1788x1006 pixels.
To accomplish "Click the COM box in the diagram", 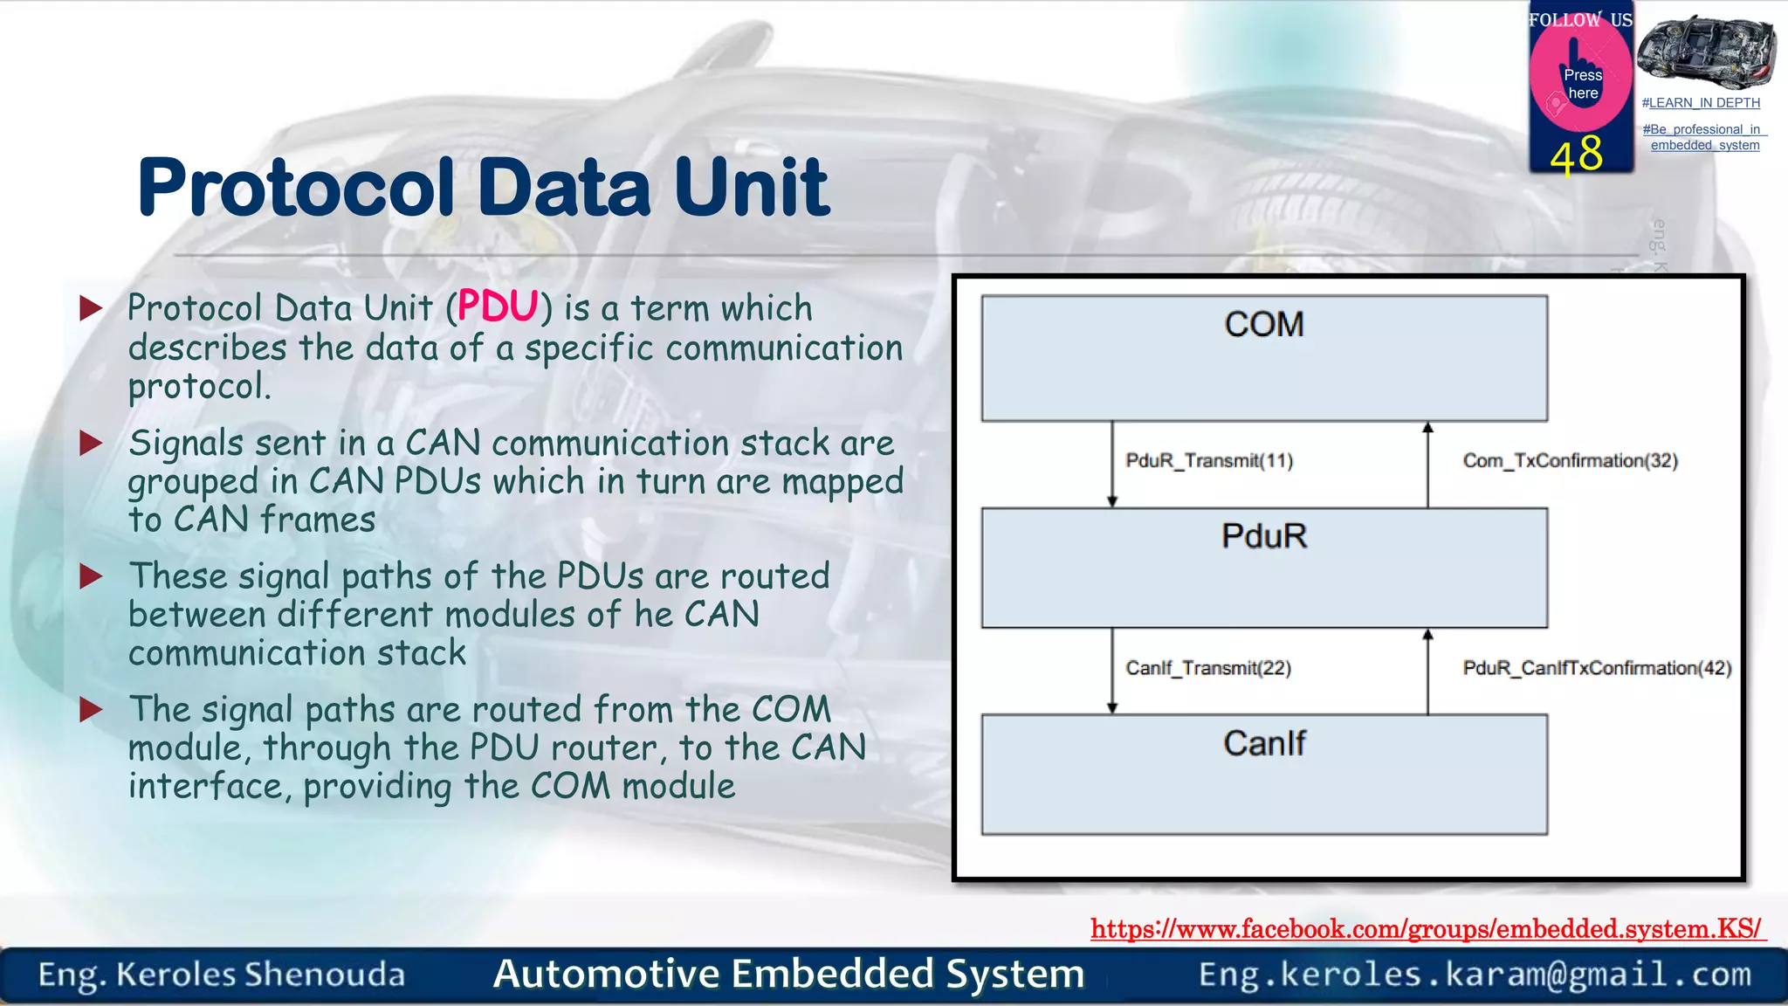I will click(x=1264, y=358).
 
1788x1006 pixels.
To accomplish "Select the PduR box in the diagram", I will click(x=1264, y=568).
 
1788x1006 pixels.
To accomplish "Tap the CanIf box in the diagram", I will click(x=1264, y=775).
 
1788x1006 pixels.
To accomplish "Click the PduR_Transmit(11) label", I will click(x=1209, y=460).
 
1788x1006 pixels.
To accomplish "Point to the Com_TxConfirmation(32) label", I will click(x=1570, y=460).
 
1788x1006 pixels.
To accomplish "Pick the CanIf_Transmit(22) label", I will click(x=1208, y=668).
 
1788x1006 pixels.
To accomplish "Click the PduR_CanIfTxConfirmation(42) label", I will click(x=1597, y=668).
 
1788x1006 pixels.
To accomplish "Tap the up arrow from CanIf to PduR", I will click(x=1428, y=671).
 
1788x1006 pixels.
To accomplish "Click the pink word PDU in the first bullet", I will click(x=498, y=307).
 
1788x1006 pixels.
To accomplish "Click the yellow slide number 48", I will click(x=1577, y=155).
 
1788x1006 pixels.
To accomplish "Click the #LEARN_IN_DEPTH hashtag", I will click(x=1701, y=103).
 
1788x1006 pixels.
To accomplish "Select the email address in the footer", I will click(x=1475, y=975).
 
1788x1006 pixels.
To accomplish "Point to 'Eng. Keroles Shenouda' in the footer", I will click(x=222, y=975).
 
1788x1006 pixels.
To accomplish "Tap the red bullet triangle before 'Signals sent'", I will click(x=91, y=443).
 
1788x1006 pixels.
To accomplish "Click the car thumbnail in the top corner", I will click(x=1706, y=52).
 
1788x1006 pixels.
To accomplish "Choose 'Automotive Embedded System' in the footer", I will click(x=788, y=974).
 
